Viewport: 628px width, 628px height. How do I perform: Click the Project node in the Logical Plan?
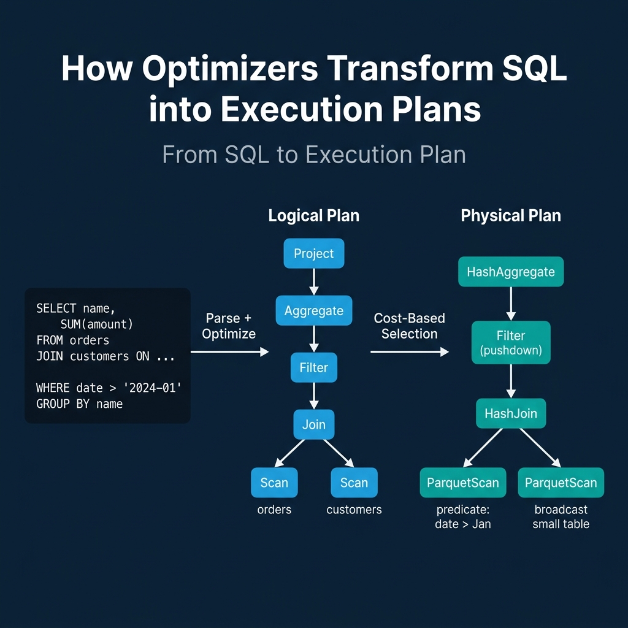[x=314, y=254]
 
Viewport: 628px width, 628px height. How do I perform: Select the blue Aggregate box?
[x=314, y=311]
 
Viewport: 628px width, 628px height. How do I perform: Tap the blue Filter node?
[x=314, y=368]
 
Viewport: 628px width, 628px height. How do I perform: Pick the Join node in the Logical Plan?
[x=314, y=424]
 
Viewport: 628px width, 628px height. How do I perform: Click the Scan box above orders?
[x=274, y=483]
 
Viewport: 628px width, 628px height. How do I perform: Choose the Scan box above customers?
[x=354, y=483]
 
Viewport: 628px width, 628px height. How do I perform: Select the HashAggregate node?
[x=510, y=272]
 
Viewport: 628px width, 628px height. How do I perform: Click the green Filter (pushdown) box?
[x=510, y=343]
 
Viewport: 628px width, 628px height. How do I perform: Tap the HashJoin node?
[x=510, y=413]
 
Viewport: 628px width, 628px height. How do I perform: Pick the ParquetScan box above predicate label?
[x=463, y=483]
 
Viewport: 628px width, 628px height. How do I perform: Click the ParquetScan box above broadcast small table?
[x=561, y=483]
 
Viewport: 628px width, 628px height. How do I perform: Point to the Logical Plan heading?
[x=314, y=216]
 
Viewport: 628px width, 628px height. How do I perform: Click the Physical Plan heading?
[x=510, y=216]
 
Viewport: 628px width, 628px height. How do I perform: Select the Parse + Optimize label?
[x=229, y=326]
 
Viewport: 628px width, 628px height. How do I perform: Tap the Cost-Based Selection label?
[x=409, y=326]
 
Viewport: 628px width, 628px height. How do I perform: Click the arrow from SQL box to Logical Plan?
[x=229, y=351]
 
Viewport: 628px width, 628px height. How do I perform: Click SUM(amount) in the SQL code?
[x=96, y=324]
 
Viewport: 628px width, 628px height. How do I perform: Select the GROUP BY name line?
[x=79, y=404]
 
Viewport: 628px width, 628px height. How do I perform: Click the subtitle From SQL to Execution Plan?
[x=314, y=155]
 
